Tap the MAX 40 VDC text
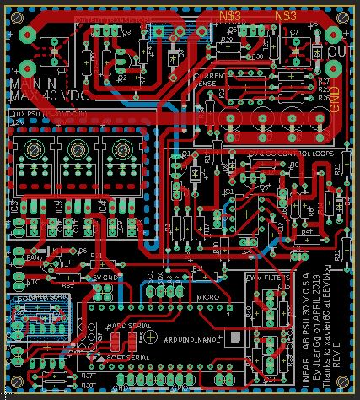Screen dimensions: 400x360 click(x=36, y=95)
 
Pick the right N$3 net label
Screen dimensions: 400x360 click(x=285, y=16)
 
